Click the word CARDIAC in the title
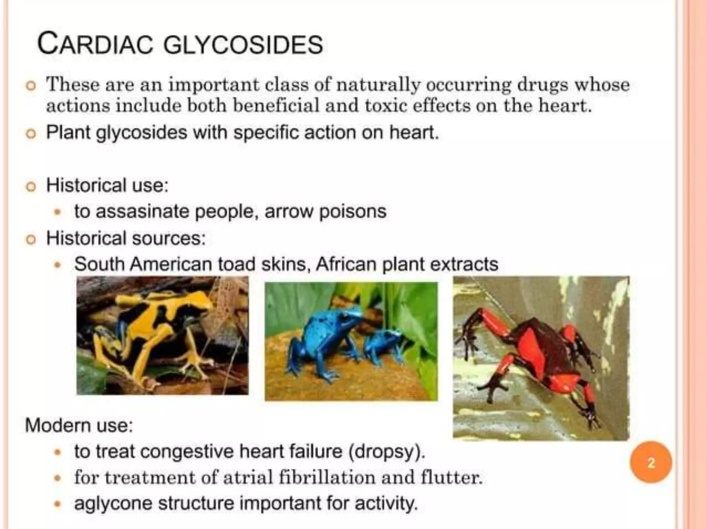[x=95, y=44]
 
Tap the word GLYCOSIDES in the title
[x=243, y=45]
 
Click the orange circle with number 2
[x=651, y=462]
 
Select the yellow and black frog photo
[x=162, y=335]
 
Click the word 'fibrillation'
[x=327, y=478]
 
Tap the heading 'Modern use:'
[x=79, y=425]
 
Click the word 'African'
[x=346, y=264]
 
